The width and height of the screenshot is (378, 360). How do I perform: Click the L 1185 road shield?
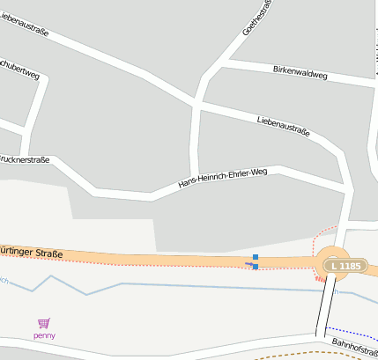coord(343,265)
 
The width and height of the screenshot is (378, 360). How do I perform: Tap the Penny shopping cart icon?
coord(44,324)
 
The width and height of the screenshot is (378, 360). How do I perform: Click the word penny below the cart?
coord(44,335)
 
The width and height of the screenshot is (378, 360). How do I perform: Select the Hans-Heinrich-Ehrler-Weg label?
coord(222,177)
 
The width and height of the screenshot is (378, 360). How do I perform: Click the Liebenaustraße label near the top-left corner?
coord(24,22)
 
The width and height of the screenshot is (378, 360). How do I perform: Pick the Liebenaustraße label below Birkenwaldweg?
coord(284,126)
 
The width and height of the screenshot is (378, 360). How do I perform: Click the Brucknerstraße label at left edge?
coord(24,159)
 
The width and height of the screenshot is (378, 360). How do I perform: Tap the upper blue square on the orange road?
coord(256,257)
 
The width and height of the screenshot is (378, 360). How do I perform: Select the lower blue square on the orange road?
coord(256,266)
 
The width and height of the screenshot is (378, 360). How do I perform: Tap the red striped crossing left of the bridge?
coord(319,279)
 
